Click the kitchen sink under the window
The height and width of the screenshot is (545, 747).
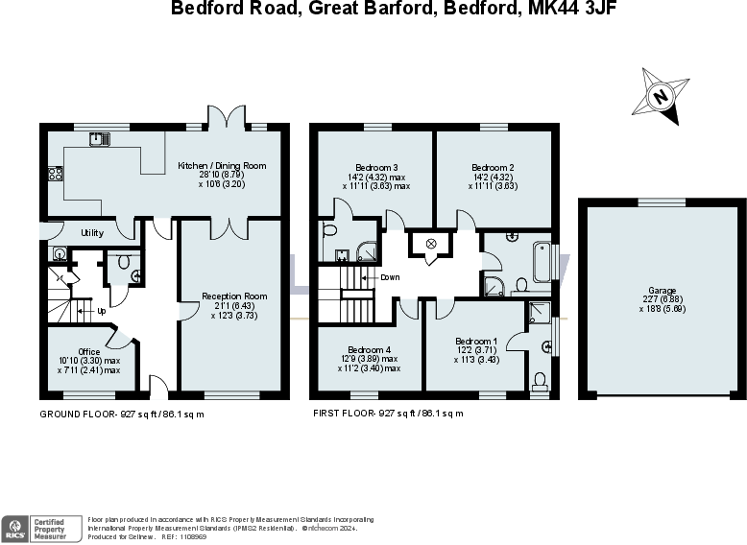100,140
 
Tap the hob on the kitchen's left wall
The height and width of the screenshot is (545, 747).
55,174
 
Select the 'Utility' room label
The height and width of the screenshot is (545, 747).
92,233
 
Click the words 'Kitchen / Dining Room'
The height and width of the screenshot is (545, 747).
222,166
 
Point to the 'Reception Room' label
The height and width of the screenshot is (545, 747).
234,296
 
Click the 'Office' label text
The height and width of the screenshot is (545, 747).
88,352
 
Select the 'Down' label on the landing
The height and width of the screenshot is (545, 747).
389,277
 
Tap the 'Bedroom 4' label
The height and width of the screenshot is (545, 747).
370,349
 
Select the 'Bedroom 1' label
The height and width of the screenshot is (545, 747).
476,342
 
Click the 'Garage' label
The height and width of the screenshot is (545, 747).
662,291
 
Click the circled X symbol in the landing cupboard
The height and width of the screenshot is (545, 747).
431,243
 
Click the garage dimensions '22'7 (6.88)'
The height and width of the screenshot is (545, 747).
663,299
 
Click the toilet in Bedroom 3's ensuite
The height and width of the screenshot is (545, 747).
329,232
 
